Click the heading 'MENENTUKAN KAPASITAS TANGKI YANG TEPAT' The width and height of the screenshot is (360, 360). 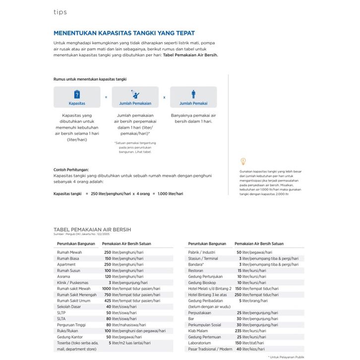click(x=124, y=33)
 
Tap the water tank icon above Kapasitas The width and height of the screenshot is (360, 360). click(x=77, y=94)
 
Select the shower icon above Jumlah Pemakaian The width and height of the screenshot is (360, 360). click(x=135, y=94)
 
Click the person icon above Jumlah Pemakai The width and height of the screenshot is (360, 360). click(x=193, y=94)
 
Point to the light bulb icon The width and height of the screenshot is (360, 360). click(x=243, y=161)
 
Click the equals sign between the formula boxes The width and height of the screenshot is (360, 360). click(x=106, y=97)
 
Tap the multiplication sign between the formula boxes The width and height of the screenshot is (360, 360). click(x=164, y=97)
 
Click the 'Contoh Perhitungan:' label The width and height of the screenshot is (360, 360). click(x=71, y=170)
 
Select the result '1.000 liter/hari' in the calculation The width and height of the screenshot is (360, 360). click(x=170, y=193)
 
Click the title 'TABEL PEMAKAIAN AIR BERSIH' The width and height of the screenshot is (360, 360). click(x=92, y=230)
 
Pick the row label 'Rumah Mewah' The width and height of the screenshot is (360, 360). click(x=69, y=252)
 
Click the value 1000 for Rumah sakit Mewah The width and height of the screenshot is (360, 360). click(x=106, y=289)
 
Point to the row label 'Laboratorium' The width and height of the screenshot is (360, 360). click(x=199, y=343)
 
